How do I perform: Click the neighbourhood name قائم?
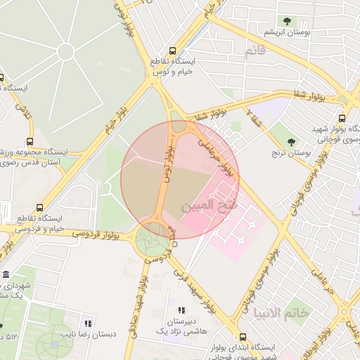[x=255, y=51]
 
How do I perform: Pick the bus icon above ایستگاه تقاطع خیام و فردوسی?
[x=39, y=207]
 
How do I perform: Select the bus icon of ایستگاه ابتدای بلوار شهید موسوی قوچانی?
[x=243, y=337]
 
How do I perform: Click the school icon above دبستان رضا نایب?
[x=88, y=323]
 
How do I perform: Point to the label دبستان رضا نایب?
[x=88, y=335]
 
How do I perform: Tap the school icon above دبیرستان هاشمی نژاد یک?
[x=181, y=310]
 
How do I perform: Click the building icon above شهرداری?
[x=6, y=274]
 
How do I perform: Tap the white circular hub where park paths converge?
[x=65, y=51]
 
